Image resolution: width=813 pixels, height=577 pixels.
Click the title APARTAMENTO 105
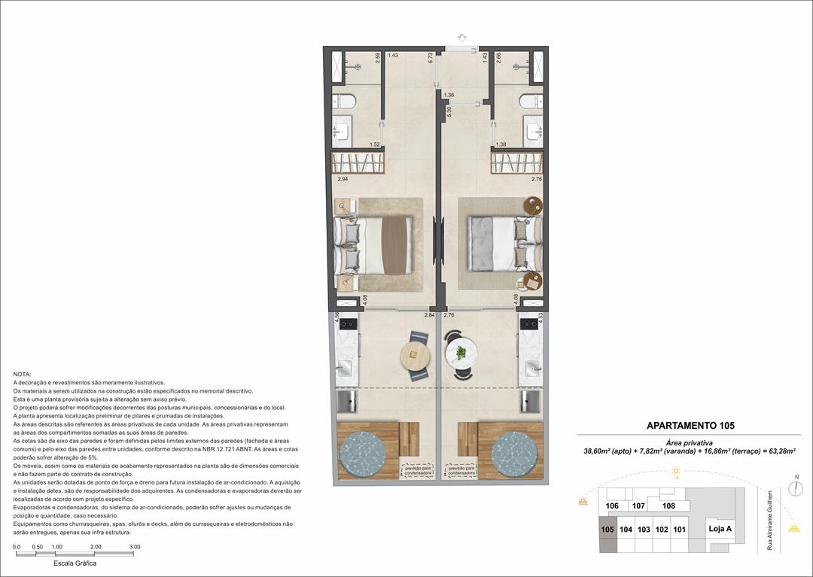pos(690,425)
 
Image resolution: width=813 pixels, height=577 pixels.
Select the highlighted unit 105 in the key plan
pos(607,529)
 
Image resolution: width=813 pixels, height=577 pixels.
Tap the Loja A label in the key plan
pos(720,529)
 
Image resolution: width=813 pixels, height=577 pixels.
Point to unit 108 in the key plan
pos(668,506)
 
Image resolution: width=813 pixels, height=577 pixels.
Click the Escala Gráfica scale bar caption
pos(75,563)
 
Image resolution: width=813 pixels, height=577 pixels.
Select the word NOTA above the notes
pos(23,374)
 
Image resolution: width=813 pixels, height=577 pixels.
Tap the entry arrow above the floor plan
pos(461,38)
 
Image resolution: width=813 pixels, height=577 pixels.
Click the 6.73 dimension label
pos(430,60)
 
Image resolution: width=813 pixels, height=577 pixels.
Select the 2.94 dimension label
pos(343,180)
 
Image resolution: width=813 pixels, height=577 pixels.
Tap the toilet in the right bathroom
pos(530,102)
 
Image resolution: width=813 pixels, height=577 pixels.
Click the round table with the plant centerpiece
pos(461,351)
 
